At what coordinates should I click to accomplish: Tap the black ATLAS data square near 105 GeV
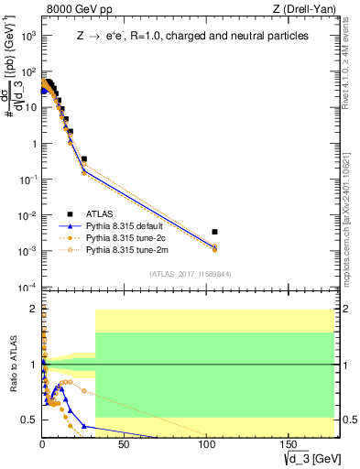tap(214, 232)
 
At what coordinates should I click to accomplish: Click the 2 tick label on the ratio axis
tap(35, 309)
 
